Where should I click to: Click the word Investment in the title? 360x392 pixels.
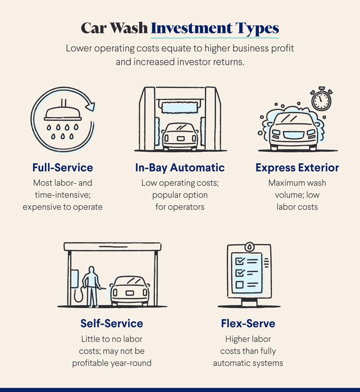[x=192, y=28]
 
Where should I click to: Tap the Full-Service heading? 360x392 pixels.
[x=63, y=167]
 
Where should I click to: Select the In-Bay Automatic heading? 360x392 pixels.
[x=180, y=168]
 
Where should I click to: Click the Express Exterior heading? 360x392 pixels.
[x=297, y=168]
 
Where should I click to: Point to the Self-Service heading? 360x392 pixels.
[x=112, y=323]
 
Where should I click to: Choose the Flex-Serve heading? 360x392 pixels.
[x=248, y=323]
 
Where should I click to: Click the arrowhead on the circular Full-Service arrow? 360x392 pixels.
[x=90, y=106]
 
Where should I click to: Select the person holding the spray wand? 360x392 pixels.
[x=91, y=286]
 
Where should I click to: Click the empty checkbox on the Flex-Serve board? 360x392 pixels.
[x=239, y=285]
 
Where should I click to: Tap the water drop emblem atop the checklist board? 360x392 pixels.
[x=249, y=247]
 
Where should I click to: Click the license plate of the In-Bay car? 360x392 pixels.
[x=181, y=139]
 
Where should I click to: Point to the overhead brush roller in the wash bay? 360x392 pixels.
[x=180, y=107]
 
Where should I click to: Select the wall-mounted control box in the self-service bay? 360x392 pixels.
[x=75, y=278]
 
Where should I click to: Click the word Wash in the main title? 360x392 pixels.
[x=129, y=28]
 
